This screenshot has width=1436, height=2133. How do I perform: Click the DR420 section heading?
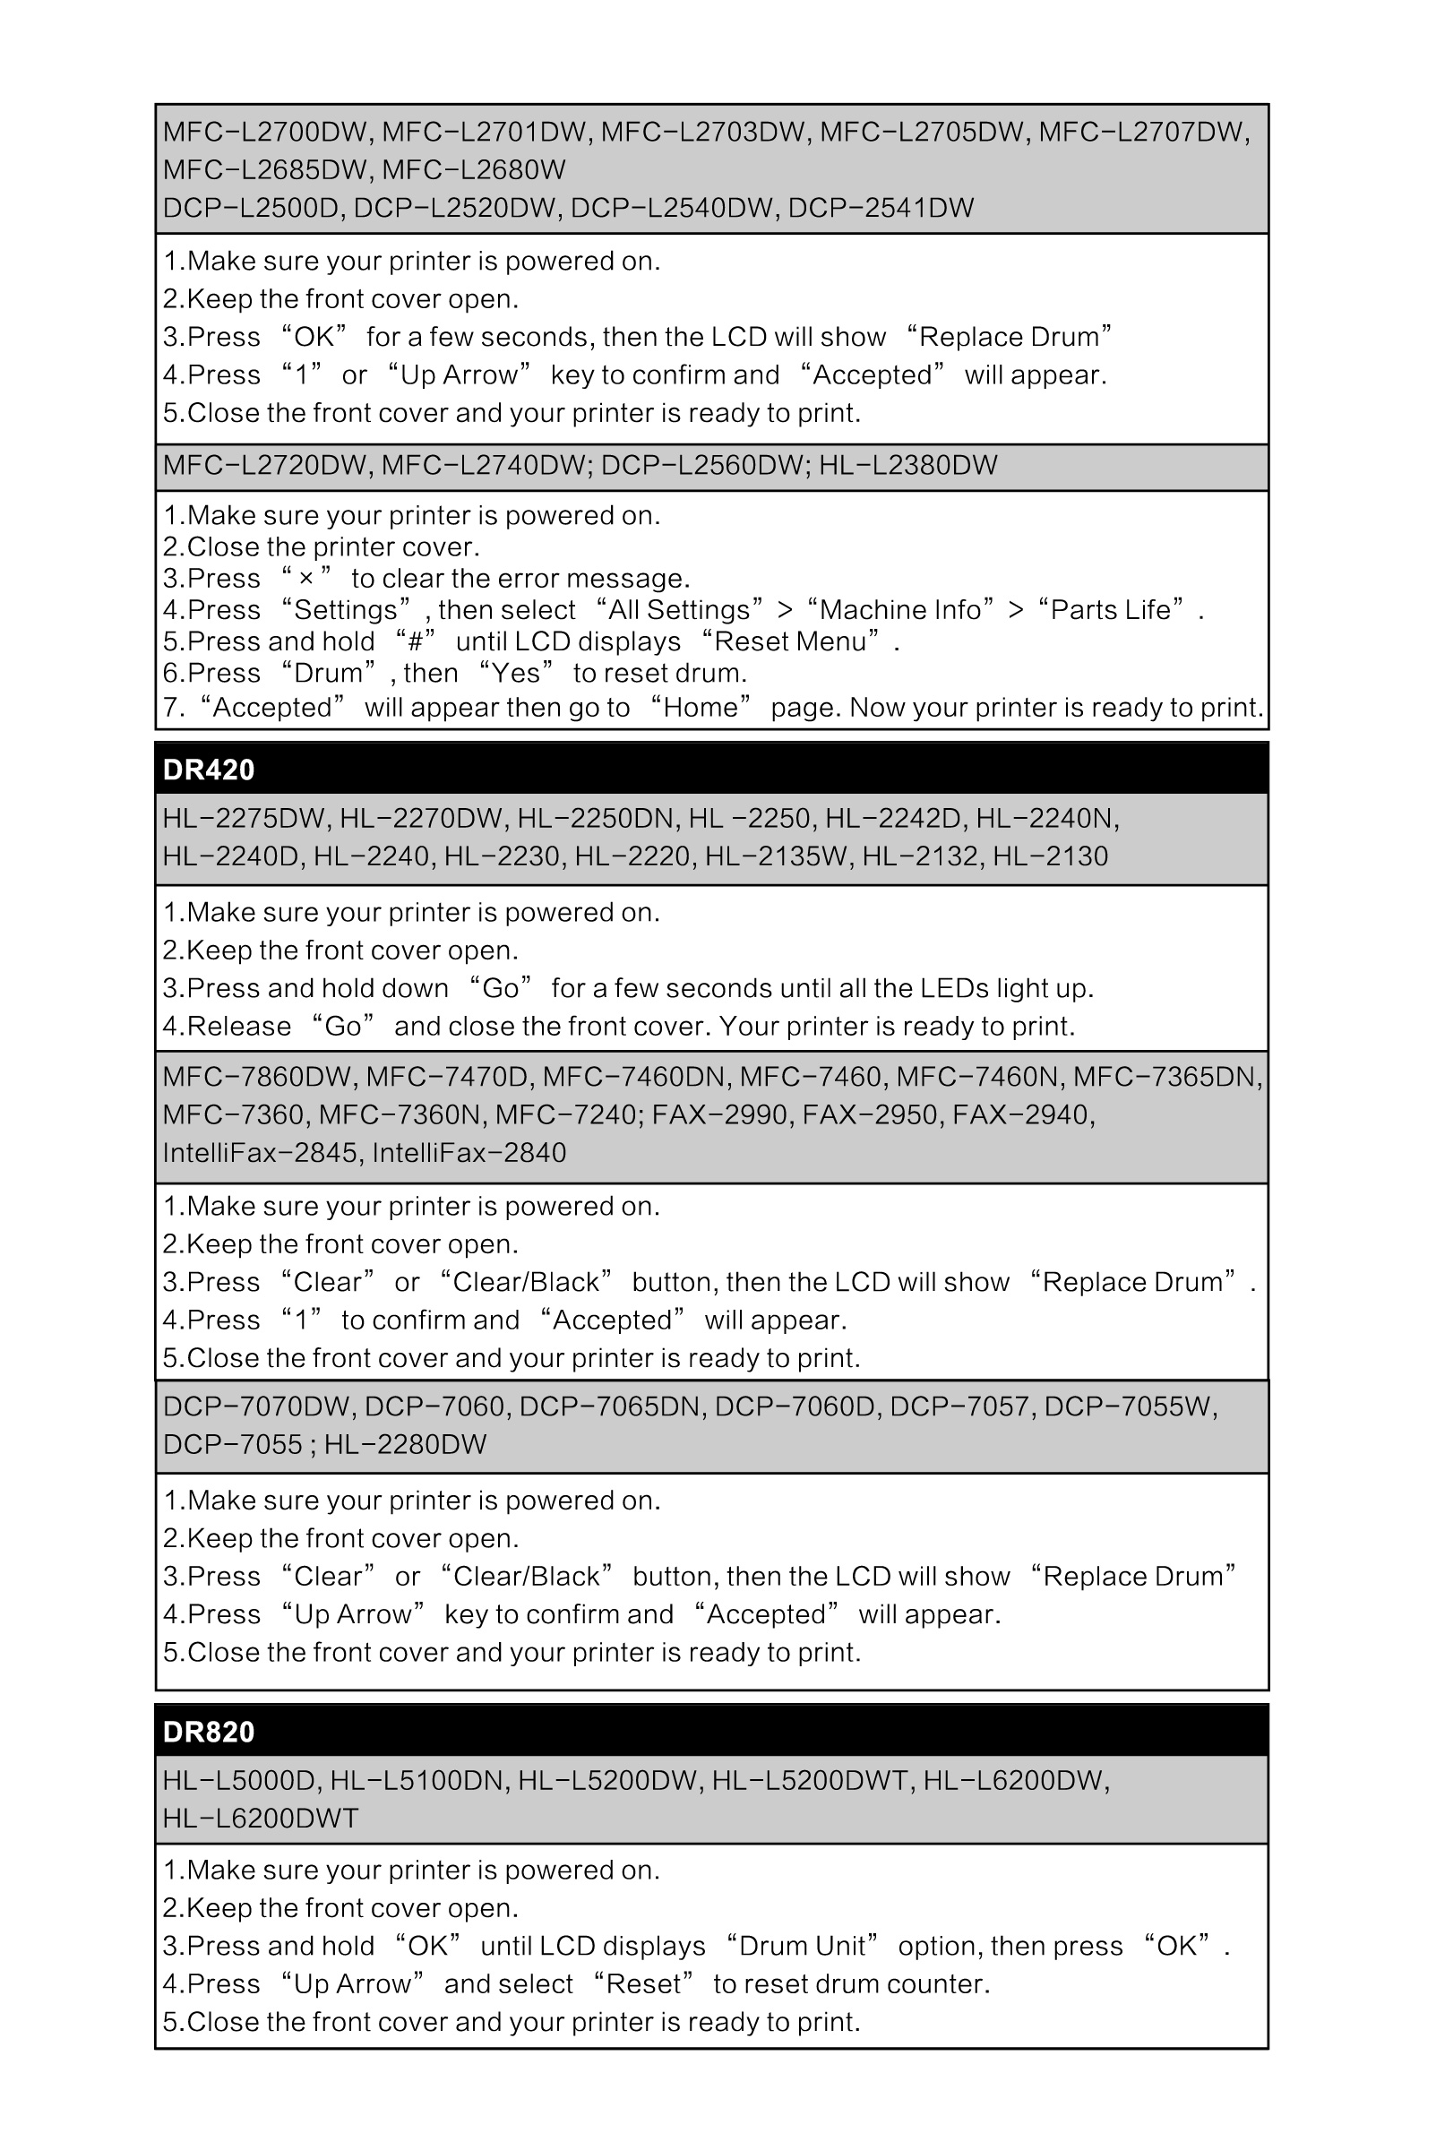click(x=209, y=770)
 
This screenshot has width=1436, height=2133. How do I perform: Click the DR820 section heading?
click(x=209, y=1732)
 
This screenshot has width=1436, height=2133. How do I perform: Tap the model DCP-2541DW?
click(x=881, y=209)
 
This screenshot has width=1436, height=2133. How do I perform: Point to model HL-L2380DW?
click(x=907, y=466)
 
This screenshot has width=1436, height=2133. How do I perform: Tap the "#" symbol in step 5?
click(x=414, y=642)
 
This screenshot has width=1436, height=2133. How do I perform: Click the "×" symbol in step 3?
click(x=305, y=579)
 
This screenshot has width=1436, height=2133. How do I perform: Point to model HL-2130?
click(x=1051, y=857)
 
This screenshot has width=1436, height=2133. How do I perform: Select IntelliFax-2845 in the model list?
click(x=260, y=1153)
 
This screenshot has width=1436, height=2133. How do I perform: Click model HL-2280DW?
click(x=405, y=1445)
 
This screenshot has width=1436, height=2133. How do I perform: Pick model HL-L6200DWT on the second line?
click(x=260, y=1819)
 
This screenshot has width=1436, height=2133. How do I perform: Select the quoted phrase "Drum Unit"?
click(x=802, y=1946)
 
